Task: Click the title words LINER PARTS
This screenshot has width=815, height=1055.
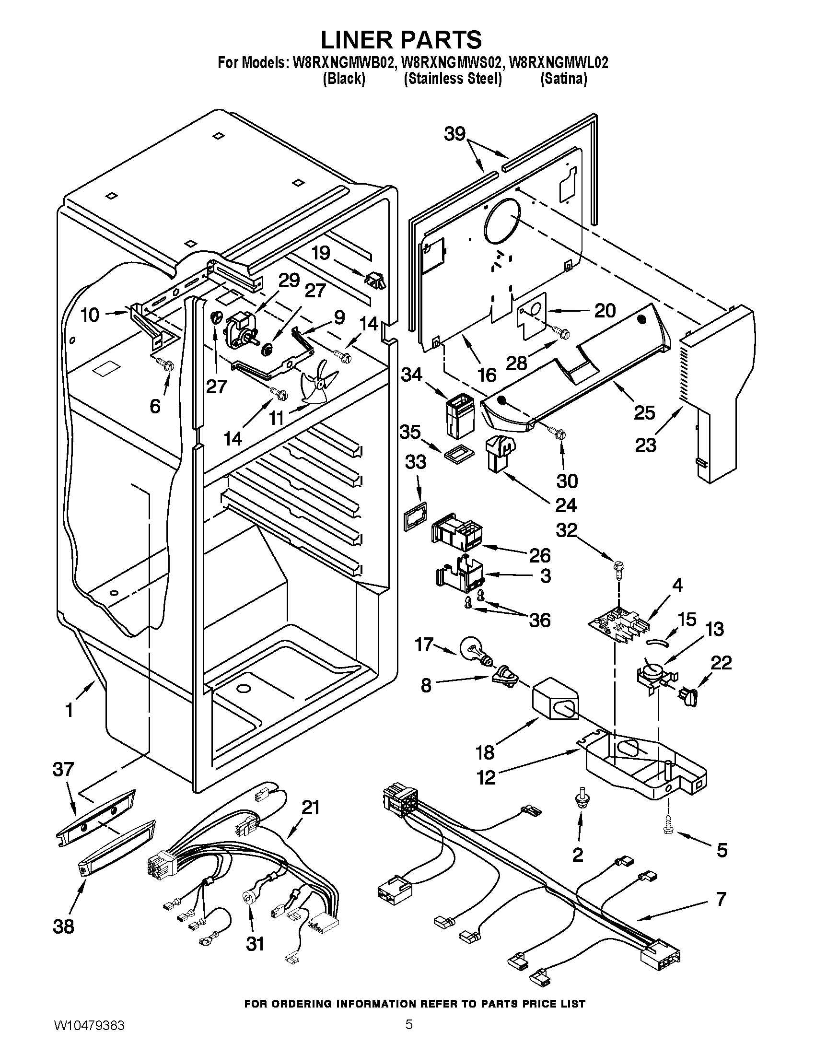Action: [401, 40]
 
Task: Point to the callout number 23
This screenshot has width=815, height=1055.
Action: [646, 445]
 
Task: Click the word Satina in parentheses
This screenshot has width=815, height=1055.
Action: [563, 79]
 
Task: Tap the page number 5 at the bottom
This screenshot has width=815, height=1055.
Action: [408, 1035]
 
